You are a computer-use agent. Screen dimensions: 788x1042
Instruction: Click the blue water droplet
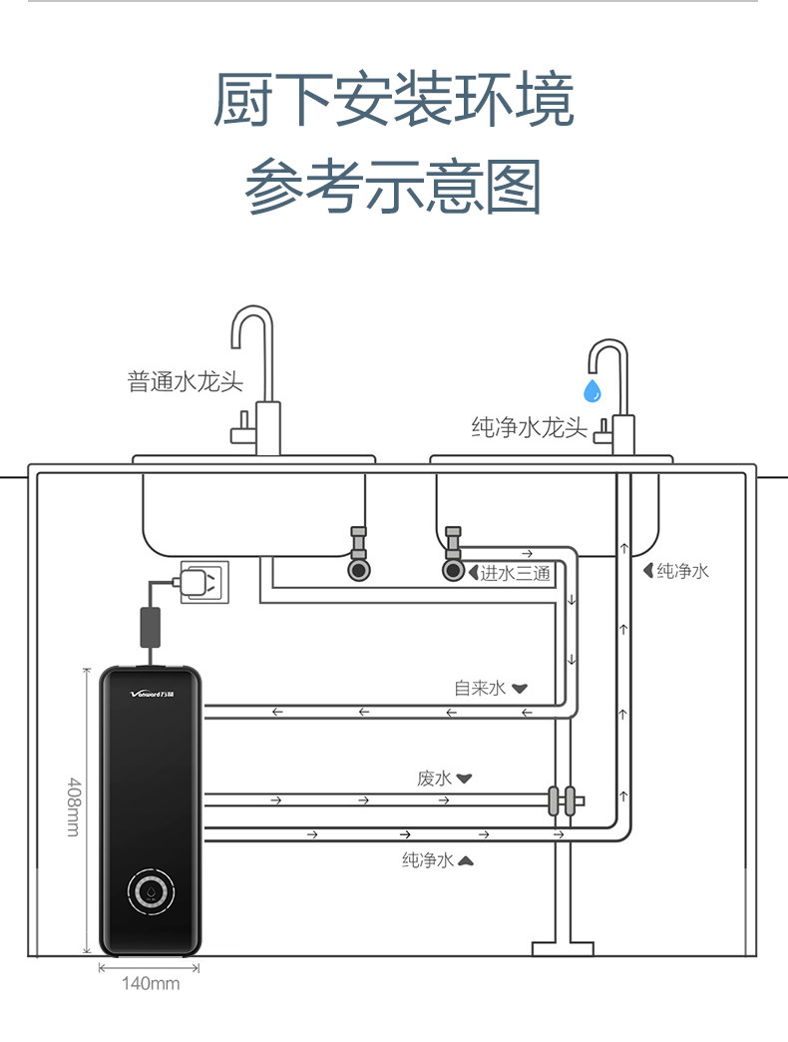click(x=592, y=391)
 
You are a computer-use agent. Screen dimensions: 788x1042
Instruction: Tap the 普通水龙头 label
click(x=186, y=382)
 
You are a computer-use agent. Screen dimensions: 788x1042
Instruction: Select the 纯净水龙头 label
click(x=529, y=427)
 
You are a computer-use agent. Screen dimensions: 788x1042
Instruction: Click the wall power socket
click(x=205, y=582)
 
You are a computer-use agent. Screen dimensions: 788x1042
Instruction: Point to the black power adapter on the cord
click(x=150, y=627)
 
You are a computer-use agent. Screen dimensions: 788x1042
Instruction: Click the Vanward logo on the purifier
click(x=152, y=695)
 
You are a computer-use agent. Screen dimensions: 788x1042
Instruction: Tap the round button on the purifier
click(x=152, y=891)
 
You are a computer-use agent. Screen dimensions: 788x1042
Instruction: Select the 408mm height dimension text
click(x=74, y=806)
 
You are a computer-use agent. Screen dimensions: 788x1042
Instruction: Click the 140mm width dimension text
click(x=151, y=983)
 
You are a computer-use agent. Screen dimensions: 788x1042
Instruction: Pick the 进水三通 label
click(x=515, y=573)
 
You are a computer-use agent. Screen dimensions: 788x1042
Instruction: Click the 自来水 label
click(x=480, y=688)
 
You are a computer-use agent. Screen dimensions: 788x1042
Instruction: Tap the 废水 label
click(x=435, y=779)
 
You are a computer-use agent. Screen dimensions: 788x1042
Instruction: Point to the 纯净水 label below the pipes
click(x=428, y=860)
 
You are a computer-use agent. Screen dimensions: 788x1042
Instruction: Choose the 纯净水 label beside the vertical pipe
click(x=683, y=571)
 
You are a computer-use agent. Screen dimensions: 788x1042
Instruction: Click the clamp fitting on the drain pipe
click(x=562, y=800)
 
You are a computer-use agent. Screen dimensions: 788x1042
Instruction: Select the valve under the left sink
click(x=358, y=553)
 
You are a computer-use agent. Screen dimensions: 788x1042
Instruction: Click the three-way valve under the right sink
click(x=454, y=553)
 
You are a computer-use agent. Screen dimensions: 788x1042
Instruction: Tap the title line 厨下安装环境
click(x=394, y=100)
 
